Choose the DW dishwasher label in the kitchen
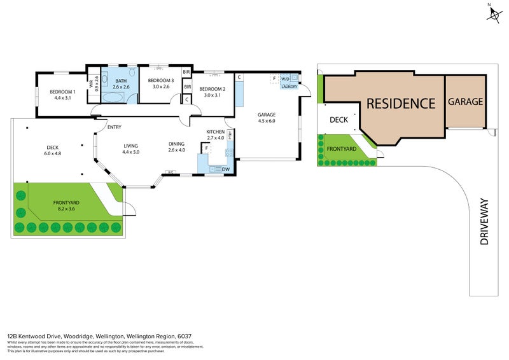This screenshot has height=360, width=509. (x=225, y=169)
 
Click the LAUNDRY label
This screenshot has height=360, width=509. (x=289, y=87)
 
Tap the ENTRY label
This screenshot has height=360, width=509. (x=115, y=127)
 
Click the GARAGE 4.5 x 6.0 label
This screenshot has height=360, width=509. (x=266, y=118)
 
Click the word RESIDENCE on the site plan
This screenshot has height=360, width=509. (x=401, y=103)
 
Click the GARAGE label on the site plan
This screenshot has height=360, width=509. (x=465, y=101)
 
